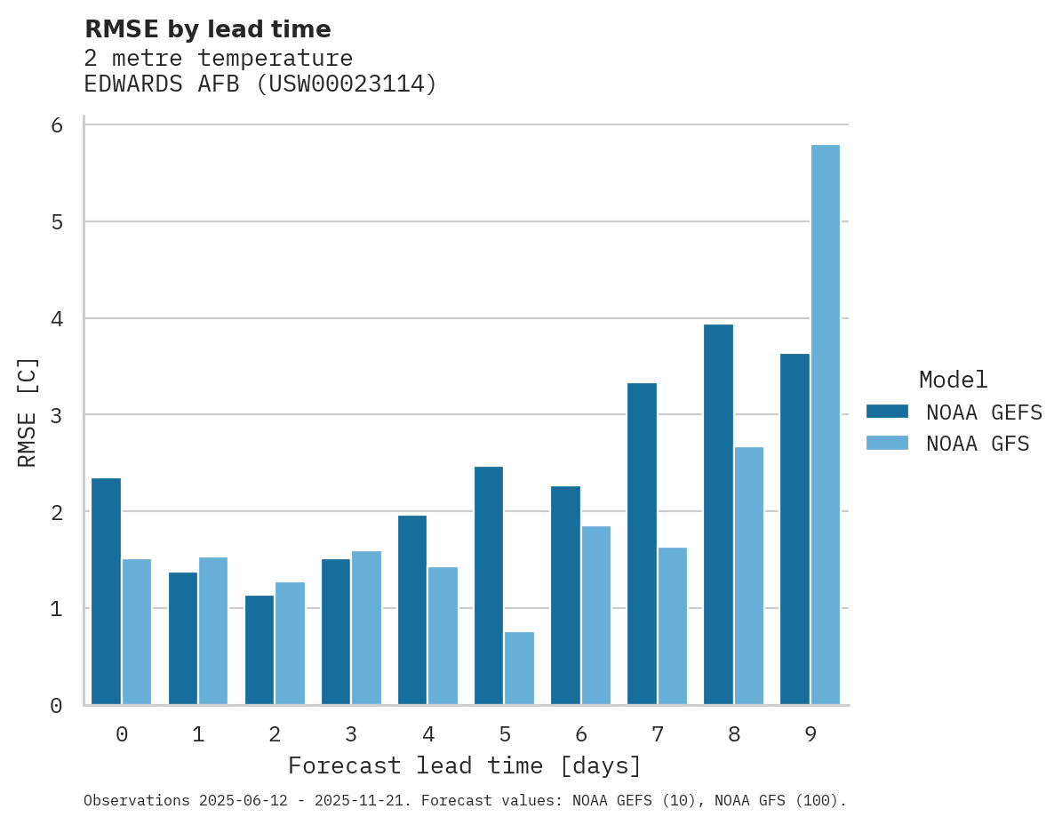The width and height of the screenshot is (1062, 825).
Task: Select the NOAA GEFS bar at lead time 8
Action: coord(718,515)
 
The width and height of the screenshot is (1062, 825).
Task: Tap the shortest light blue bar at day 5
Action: coord(519,669)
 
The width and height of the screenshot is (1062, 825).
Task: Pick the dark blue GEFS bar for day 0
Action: coord(106,591)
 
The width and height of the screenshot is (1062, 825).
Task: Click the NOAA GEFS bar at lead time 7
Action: coord(642,544)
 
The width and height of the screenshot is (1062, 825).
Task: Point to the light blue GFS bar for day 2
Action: coord(290,644)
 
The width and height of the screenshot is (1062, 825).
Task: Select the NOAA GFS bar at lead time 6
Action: coord(595,615)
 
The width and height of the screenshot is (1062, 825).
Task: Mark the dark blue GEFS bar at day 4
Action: coord(412,610)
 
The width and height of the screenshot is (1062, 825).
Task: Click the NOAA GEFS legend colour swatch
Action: coord(887,412)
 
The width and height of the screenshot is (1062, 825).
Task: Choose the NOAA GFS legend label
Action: coord(978,444)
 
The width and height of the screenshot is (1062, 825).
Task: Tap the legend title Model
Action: coord(953,380)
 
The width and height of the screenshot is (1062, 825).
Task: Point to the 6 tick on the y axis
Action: coord(57,125)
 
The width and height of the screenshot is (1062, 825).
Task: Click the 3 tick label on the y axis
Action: coord(57,415)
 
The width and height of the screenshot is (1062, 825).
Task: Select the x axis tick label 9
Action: coord(810,734)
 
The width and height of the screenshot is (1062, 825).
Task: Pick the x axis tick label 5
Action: coord(504,734)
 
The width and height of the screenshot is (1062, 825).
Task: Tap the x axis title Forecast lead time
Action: coord(464,765)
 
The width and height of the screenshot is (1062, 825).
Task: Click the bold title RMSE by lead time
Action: coord(207,29)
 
